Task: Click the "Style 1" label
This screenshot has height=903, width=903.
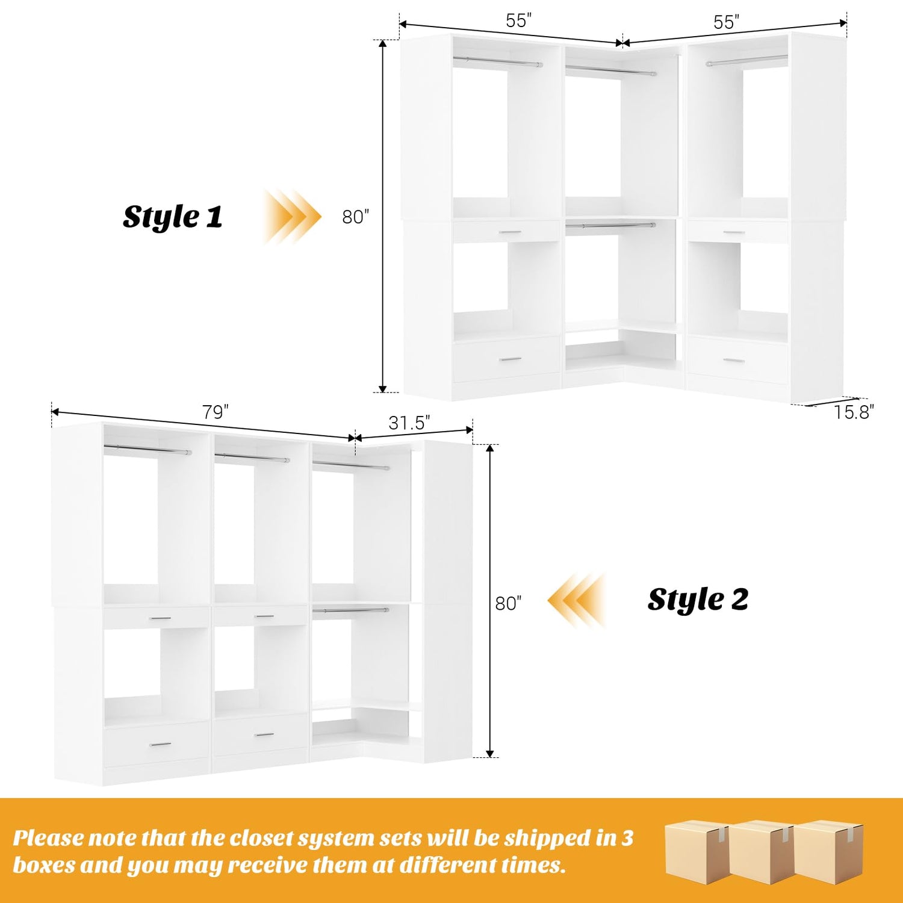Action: point(173,217)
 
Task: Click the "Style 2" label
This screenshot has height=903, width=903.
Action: point(698,600)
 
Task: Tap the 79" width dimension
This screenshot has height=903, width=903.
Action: point(215,412)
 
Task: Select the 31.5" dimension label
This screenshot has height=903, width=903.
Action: point(409,423)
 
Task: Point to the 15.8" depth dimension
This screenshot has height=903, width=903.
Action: point(854,412)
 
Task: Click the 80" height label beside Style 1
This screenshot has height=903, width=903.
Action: point(356,217)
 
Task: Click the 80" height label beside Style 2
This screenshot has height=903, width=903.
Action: point(508,603)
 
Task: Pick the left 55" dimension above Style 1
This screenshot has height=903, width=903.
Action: point(518,21)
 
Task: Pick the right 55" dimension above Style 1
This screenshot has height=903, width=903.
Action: point(726,22)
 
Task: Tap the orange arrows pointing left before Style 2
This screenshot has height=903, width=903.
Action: point(577,601)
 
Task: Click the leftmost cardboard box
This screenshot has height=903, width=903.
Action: point(697,851)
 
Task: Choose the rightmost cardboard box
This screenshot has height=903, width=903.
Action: point(829,851)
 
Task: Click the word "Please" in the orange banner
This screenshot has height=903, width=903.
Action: point(49,839)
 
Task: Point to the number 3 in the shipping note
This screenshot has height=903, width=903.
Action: point(628,838)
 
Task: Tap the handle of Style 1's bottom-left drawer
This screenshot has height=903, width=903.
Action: point(511,360)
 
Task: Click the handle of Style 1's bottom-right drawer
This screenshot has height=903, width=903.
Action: point(734,361)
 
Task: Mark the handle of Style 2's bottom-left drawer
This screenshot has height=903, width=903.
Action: point(160,745)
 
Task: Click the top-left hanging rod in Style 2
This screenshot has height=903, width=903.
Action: point(147,449)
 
